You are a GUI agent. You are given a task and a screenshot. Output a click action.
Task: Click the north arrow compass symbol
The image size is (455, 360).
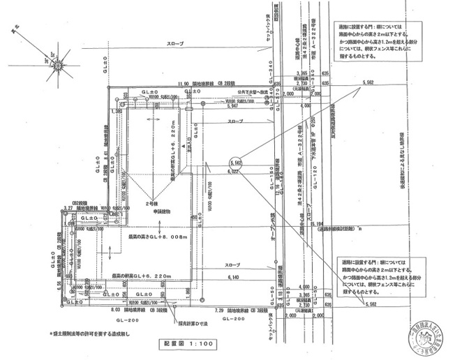click(x=58, y=64)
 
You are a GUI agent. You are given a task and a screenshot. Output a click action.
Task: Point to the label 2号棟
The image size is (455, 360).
click(x=153, y=203)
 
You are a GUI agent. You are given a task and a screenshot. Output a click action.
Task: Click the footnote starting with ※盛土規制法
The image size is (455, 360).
click(x=89, y=333)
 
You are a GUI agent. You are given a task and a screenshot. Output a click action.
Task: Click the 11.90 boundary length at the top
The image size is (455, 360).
click(x=184, y=84)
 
